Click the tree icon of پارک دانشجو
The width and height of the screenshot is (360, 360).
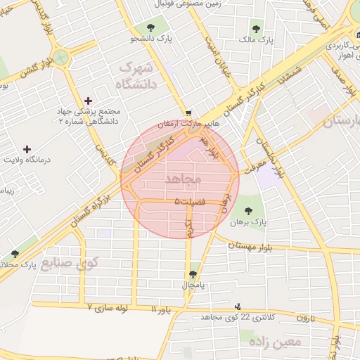(148, 27)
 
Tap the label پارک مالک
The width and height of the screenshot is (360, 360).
(256, 41)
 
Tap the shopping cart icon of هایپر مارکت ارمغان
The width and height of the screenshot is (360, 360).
(188, 112)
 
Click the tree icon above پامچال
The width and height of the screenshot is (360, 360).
(193, 274)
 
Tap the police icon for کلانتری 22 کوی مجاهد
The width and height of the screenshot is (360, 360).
(238, 306)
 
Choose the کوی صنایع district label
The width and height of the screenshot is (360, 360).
(70, 264)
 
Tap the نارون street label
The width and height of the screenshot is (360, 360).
(303, 318)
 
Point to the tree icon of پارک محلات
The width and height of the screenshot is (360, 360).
(15, 254)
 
